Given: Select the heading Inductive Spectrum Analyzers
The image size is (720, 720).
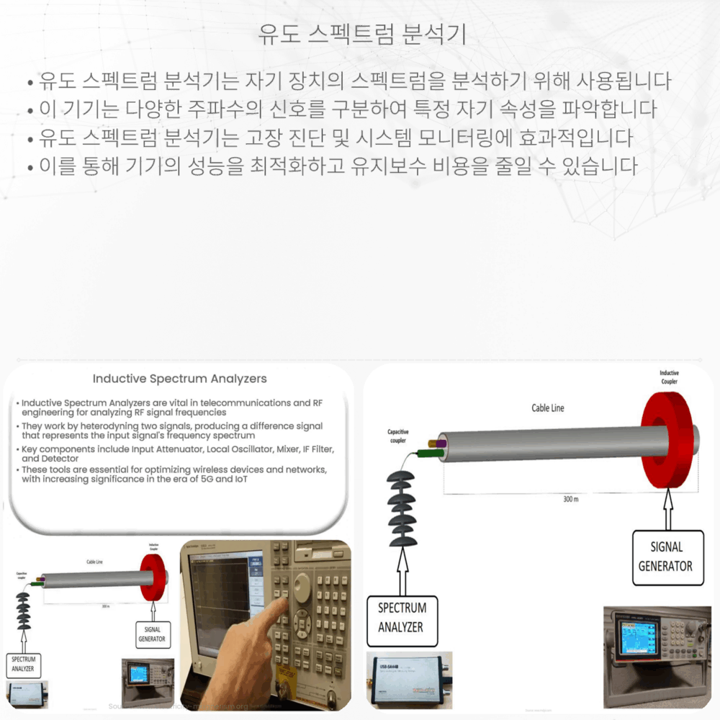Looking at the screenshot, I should click(180, 379).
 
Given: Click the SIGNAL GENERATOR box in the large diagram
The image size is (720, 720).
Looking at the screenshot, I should click(665, 557).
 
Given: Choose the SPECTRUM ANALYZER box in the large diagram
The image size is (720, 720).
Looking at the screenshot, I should click(402, 618).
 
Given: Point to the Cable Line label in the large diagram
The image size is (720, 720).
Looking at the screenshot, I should click(548, 408).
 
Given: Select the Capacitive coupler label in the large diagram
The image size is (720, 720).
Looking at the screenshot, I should click(398, 436).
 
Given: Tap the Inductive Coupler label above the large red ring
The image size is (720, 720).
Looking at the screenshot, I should click(670, 377).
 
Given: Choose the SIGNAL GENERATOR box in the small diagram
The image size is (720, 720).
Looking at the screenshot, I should click(152, 634).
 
